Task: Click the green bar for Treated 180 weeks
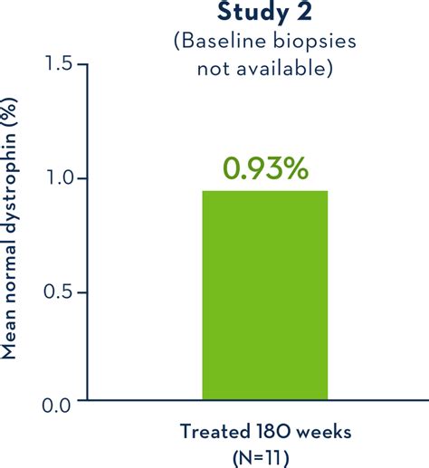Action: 265,295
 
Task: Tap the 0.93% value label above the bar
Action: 265,169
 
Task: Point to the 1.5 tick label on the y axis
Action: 58,63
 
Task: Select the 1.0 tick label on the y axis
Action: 59,177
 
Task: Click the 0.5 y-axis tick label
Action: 58,291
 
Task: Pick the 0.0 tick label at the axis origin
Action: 56,406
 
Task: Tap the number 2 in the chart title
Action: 304,12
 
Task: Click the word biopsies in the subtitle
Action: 315,42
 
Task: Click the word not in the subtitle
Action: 214,70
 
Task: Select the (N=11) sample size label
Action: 261,458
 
